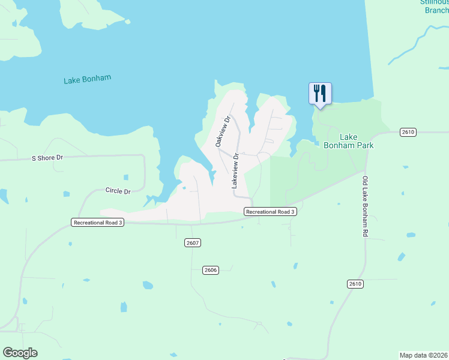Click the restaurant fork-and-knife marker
[320, 94]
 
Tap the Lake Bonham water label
[88, 79]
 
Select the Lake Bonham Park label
[348, 141]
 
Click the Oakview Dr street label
[223, 131]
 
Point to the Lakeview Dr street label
[236, 172]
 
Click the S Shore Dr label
[47, 158]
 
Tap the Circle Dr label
[118, 191]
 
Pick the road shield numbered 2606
[210, 270]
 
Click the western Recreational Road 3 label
[97, 222]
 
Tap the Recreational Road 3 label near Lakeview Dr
[271, 211]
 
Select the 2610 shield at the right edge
[408, 131]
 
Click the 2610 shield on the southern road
[355, 283]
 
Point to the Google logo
[20, 353]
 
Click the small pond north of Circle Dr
[125, 178]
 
